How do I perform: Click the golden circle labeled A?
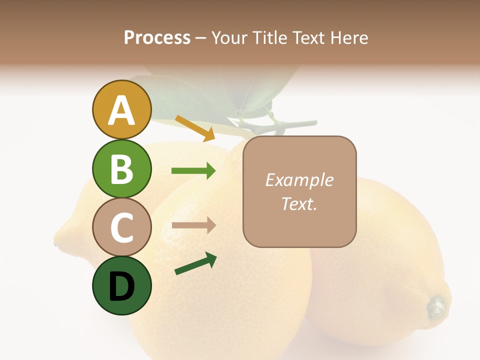(121, 110)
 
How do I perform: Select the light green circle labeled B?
(121, 168)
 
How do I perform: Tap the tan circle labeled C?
(121, 227)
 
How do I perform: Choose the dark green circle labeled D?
(121, 285)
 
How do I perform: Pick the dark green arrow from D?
(195, 263)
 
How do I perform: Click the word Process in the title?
(157, 37)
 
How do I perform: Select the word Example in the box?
(299, 180)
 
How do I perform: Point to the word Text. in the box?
(299, 203)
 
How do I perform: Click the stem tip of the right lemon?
(437, 305)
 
